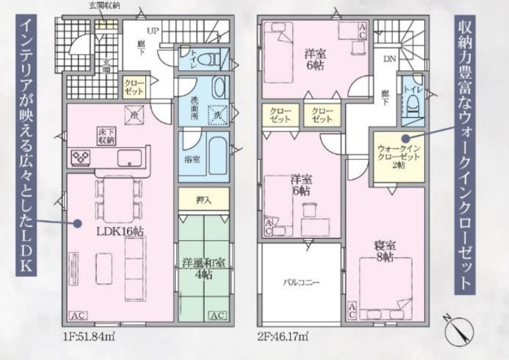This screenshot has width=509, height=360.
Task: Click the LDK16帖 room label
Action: (x=120, y=231)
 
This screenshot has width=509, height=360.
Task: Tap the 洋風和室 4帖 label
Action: (x=204, y=269)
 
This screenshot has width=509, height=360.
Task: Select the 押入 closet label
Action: (x=204, y=200)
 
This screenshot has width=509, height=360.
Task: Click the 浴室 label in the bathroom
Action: (x=192, y=159)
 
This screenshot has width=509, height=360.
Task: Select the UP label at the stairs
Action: (x=153, y=31)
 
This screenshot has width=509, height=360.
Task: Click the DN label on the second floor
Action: (x=389, y=59)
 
